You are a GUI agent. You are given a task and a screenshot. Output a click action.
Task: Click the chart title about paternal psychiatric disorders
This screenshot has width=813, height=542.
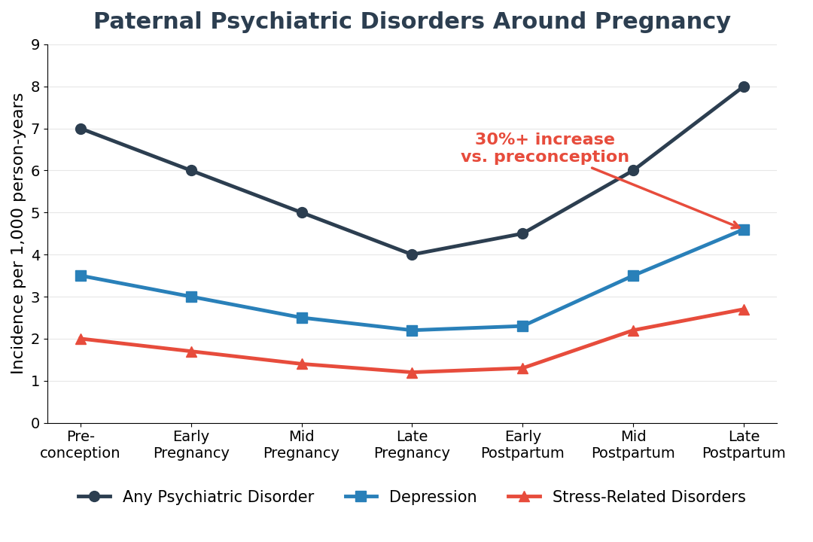click(x=412, y=22)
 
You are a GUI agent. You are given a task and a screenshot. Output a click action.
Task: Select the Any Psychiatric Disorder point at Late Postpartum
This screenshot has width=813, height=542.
click(x=744, y=87)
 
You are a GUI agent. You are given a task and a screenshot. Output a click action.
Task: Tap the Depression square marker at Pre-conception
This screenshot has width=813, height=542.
click(x=81, y=276)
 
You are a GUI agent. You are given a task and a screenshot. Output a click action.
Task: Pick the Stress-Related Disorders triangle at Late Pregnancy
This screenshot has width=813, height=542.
click(x=412, y=372)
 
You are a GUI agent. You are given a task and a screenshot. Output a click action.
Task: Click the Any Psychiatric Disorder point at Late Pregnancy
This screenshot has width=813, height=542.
click(x=412, y=254)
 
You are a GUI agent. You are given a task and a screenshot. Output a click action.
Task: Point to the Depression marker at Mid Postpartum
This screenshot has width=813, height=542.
click(x=633, y=276)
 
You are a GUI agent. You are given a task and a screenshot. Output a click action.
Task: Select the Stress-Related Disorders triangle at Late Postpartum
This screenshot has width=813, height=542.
click(x=744, y=309)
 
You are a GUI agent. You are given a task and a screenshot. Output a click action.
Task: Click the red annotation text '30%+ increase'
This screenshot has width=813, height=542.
click(x=545, y=140)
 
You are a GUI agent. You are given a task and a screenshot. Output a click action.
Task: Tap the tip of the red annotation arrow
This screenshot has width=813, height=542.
click(x=741, y=228)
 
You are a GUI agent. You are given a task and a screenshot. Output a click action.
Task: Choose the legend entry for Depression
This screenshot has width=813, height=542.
click(x=411, y=497)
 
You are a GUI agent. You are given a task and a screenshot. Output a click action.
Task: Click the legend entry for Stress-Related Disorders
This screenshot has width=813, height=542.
click(x=626, y=497)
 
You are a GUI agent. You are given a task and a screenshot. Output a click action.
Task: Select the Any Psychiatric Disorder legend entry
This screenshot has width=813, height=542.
click(x=196, y=497)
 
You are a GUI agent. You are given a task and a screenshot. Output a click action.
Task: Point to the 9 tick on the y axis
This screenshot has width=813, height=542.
click(x=35, y=44)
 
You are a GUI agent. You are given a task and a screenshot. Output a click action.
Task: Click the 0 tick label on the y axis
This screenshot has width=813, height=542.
click(x=35, y=423)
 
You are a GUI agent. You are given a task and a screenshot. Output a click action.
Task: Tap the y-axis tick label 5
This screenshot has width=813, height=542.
click(x=35, y=213)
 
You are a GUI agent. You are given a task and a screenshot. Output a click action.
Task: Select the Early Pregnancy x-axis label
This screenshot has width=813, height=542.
click(x=191, y=445)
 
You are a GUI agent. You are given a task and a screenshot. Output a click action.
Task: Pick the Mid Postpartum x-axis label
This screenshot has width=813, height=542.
click(x=633, y=445)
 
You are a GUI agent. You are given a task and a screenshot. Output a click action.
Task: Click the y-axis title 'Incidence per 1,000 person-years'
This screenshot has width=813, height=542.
click(x=18, y=233)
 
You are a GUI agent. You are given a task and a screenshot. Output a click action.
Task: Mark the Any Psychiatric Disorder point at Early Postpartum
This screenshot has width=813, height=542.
click(x=522, y=233)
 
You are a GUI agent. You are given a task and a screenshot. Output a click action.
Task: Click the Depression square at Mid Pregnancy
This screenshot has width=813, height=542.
click(x=302, y=318)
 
